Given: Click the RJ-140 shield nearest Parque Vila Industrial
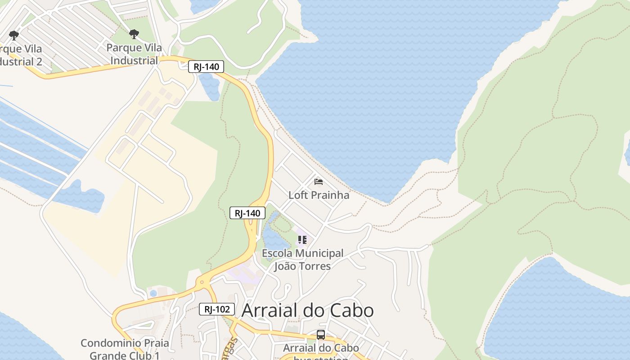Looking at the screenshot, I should pyautogui.click(x=206, y=67).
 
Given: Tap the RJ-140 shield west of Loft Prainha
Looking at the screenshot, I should pyautogui.click(x=247, y=213).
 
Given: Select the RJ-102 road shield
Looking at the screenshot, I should pyautogui.click(x=217, y=309).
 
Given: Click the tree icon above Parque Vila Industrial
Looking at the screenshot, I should pyautogui.click(x=134, y=34).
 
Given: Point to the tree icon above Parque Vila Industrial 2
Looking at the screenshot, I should pyautogui.click(x=14, y=35).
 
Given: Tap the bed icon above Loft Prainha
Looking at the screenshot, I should pyautogui.click(x=319, y=182).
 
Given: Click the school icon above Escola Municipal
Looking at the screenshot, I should pyautogui.click(x=302, y=240).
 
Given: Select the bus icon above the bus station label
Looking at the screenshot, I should pyautogui.click(x=320, y=335).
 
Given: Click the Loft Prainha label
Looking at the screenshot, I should pyautogui.click(x=319, y=195).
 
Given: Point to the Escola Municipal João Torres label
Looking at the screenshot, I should pyautogui.click(x=302, y=260).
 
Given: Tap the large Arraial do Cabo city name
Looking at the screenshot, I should pyautogui.click(x=307, y=310).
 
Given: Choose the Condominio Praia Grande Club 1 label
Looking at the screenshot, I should pyautogui.click(x=125, y=349).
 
